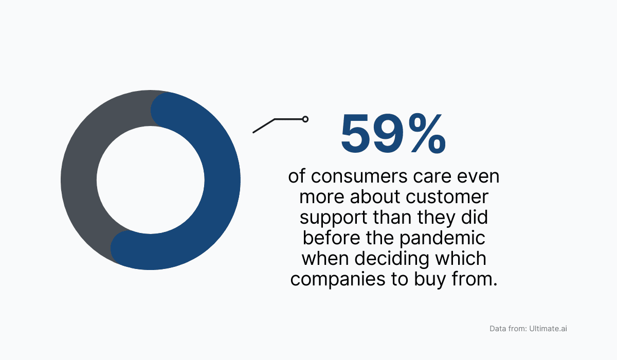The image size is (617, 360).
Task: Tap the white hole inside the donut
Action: (x=150, y=180)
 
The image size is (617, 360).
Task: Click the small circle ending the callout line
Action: (x=305, y=119)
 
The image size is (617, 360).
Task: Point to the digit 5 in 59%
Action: (x=359, y=134)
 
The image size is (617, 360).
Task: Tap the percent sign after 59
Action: (x=428, y=134)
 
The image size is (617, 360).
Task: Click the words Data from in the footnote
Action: (x=507, y=328)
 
